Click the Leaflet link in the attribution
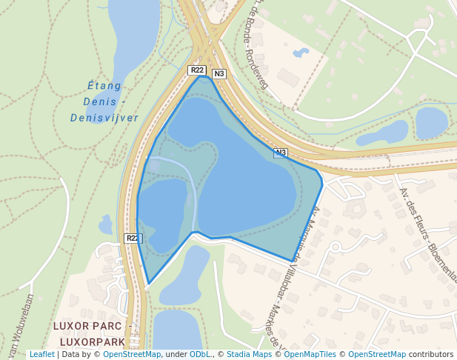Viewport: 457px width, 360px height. coord(41,354)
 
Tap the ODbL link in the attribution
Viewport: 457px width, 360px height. coord(199,354)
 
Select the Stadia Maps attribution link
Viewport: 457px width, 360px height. coord(249,354)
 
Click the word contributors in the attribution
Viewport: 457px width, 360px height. coord(431,354)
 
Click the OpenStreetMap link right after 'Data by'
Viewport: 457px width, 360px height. coord(132,354)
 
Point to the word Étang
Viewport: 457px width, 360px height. coord(104,86)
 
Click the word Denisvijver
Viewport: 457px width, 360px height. coord(104,118)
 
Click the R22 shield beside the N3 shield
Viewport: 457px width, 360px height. coord(196,70)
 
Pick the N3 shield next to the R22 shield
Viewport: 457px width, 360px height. coord(219,74)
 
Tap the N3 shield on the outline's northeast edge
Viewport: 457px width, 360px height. coord(280,153)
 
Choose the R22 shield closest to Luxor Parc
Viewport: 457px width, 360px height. coord(132,239)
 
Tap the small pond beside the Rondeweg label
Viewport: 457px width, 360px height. coord(301,53)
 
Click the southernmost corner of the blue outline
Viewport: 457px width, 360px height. coord(149,284)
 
